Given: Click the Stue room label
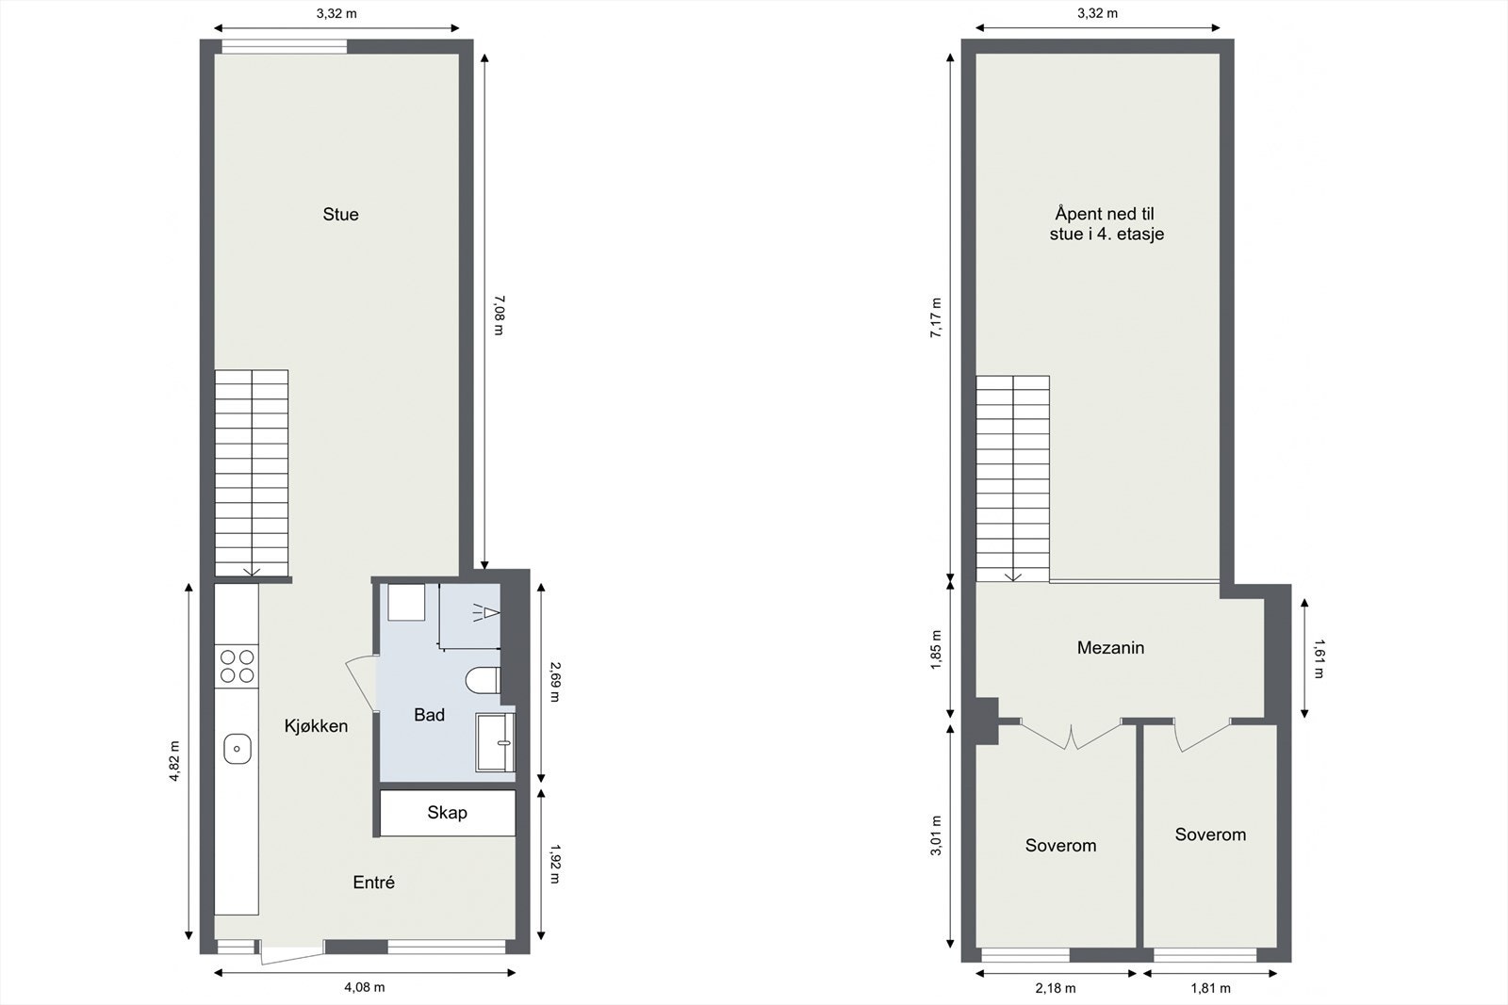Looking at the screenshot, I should click(x=340, y=215).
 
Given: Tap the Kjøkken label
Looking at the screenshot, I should click(x=317, y=726).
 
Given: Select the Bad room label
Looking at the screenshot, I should click(x=429, y=716).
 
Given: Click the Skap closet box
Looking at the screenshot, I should click(x=447, y=813).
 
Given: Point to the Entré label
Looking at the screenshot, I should click(x=373, y=883).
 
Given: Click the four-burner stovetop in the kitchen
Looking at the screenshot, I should click(x=237, y=666).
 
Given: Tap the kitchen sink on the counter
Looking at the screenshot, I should click(x=237, y=750).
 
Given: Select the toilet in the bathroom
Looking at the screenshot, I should click(x=484, y=681).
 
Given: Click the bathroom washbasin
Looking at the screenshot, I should click(x=496, y=742).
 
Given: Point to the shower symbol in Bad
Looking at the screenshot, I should click(x=484, y=613).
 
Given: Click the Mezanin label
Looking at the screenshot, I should click(x=1110, y=648).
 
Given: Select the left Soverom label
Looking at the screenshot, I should click(x=1060, y=846).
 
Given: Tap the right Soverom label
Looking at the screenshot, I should click(x=1210, y=835).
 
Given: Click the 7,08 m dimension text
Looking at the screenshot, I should click(x=499, y=315).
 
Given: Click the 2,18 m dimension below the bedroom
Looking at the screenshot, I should click(x=1056, y=988).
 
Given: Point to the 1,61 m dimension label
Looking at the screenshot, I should click(x=1318, y=659).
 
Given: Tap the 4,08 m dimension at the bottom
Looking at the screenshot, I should click(x=365, y=987).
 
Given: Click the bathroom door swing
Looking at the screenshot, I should click(x=362, y=680).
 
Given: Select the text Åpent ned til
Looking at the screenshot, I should click(x=1104, y=215).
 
